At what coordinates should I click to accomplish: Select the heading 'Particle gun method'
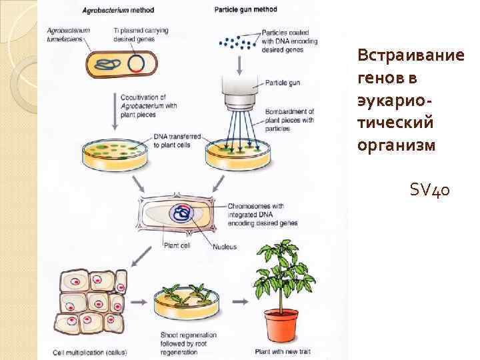coord(246,9)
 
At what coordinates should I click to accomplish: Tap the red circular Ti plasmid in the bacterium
coord(137,63)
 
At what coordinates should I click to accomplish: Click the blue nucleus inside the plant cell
coord(181,213)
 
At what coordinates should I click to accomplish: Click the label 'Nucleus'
coord(225,247)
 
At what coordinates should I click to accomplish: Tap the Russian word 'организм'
coord(395,145)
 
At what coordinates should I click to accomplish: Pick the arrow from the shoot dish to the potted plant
coord(236,302)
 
